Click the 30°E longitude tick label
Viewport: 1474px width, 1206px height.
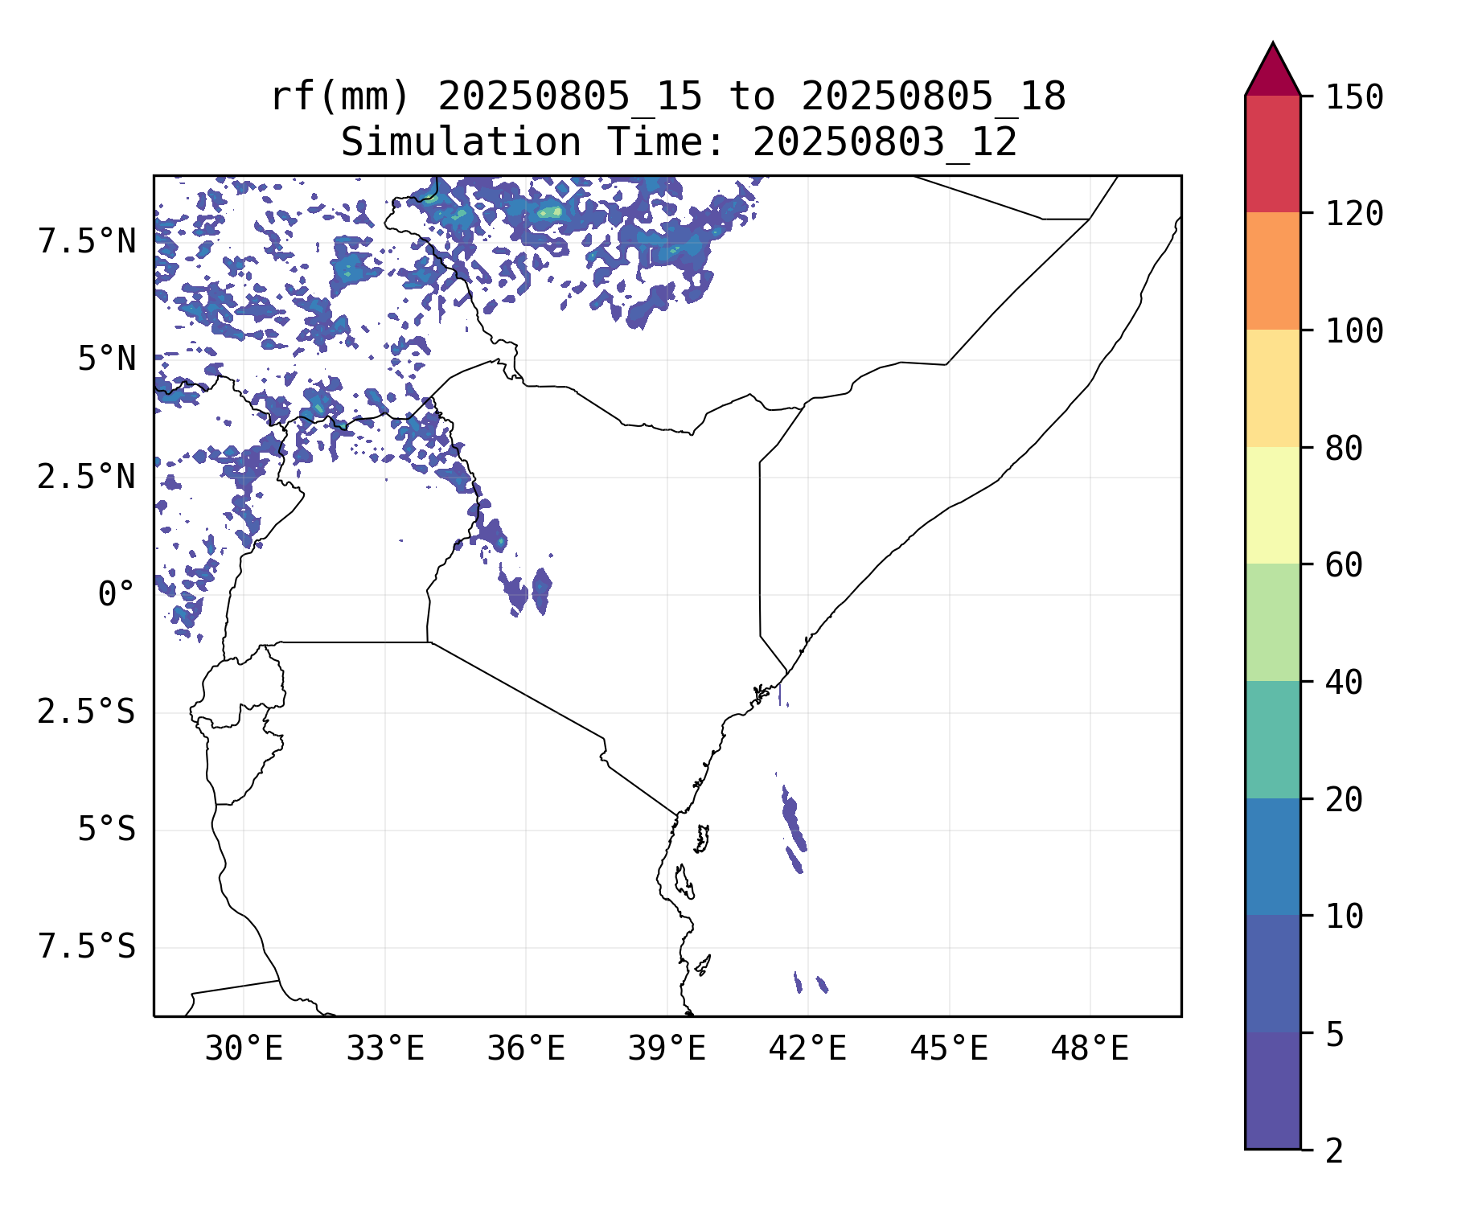(244, 1049)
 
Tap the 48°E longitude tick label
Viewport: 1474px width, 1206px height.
(1090, 1049)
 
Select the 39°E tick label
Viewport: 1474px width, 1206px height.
(667, 1049)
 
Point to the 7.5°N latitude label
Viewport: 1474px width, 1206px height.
(87, 241)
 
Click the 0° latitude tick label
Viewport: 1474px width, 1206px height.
(117, 595)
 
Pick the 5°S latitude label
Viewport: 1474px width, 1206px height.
(106, 830)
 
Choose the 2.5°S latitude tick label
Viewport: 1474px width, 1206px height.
(86, 712)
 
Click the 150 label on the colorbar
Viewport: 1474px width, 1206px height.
(1354, 97)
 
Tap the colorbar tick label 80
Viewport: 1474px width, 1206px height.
(1344, 449)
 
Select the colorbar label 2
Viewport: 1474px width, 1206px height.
(1334, 1151)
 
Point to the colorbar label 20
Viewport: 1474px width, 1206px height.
(1344, 800)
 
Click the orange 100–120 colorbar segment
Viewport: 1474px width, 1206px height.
(1272, 271)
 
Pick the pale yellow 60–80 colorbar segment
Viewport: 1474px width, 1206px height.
(1272, 505)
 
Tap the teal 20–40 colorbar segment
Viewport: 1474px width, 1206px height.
(1272, 740)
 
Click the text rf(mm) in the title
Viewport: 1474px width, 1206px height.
(340, 96)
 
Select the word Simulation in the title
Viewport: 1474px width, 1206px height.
(460, 143)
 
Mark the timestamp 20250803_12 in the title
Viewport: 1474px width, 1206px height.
(885, 143)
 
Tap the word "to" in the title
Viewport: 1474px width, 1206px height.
(752, 96)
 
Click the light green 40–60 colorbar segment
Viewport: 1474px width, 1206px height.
(1272, 622)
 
